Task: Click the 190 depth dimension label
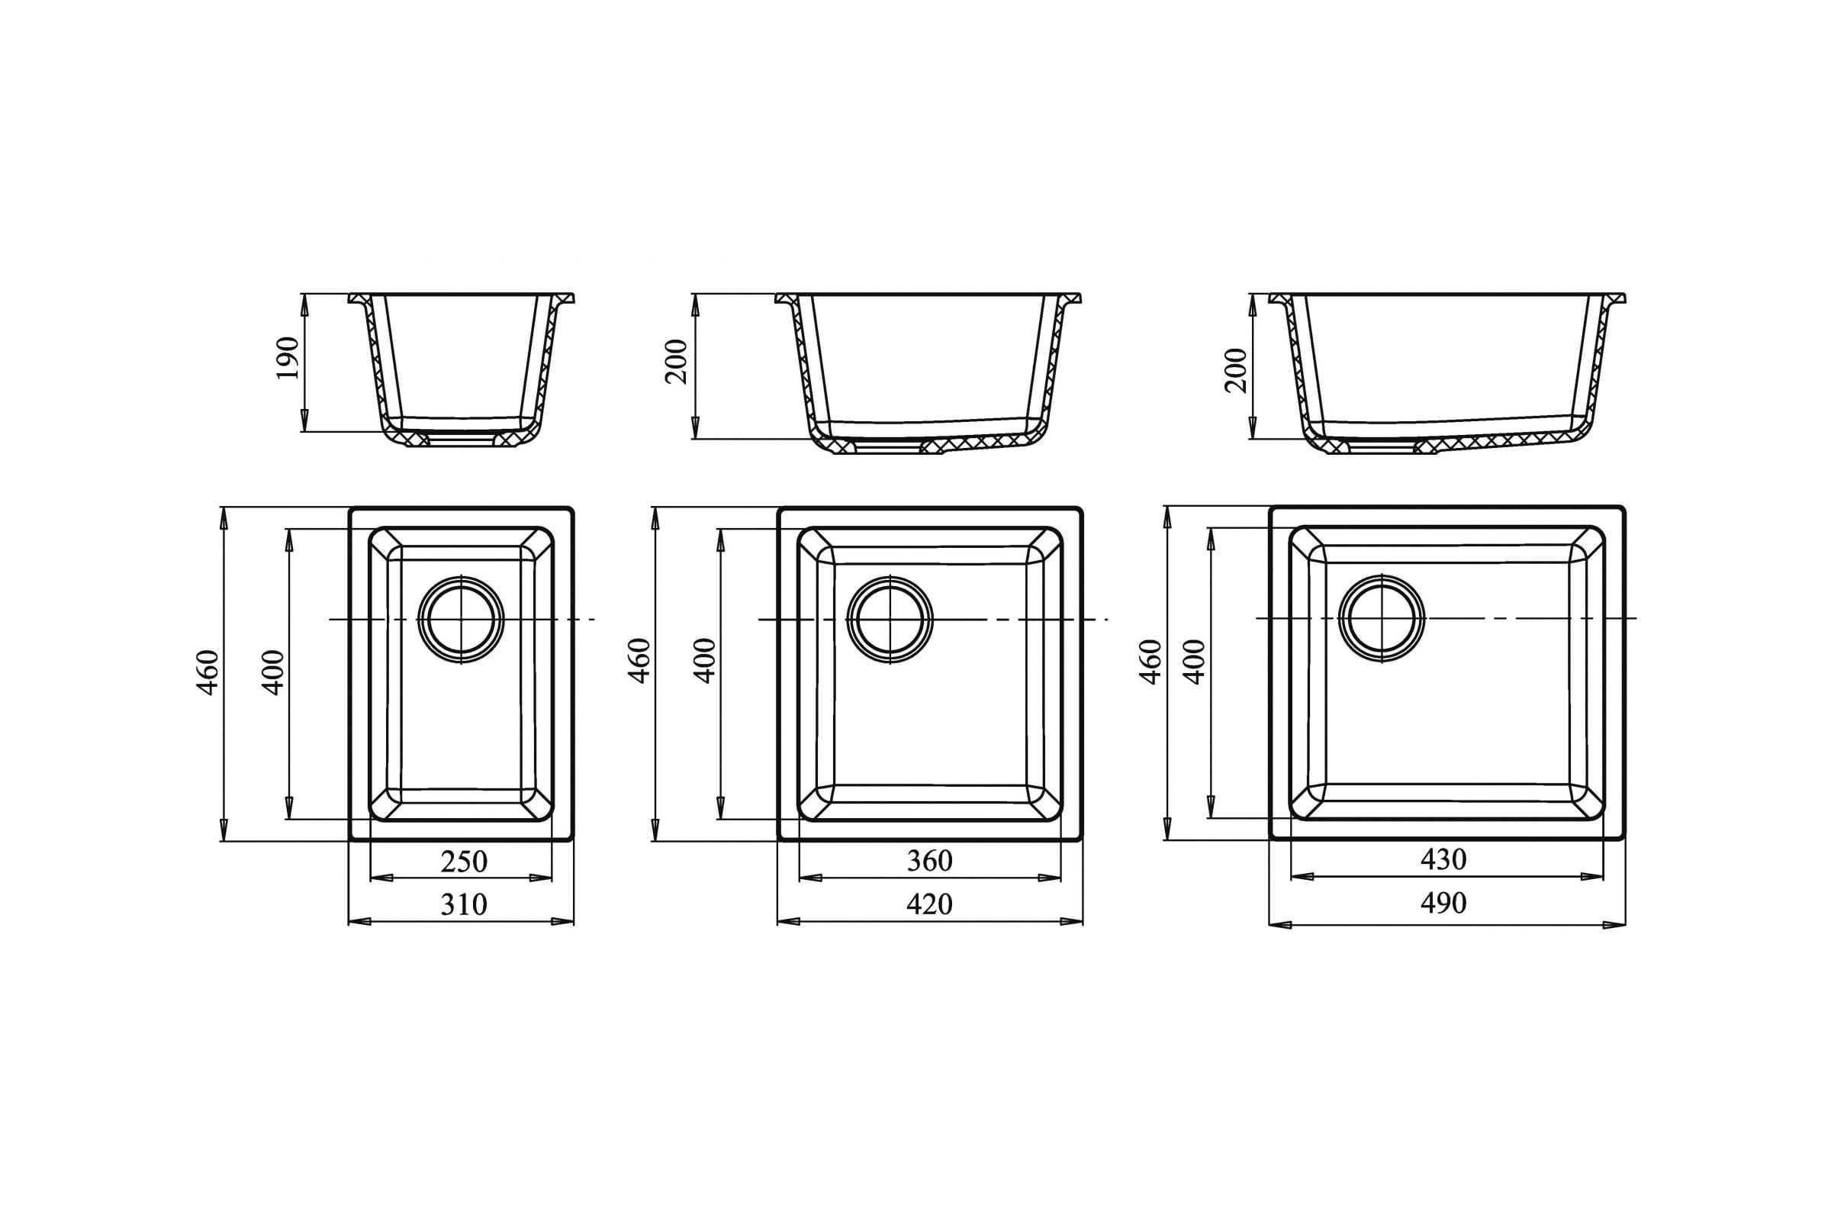click(x=288, y=358)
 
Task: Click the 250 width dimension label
click(x=464, y=862)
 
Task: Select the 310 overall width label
click(x=464, y=905)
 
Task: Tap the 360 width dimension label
click(x=929, y=862)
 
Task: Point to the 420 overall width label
click(x=929, y=904)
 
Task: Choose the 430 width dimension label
click(x=1443, y=860)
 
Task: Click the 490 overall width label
click(x=1443, y=904)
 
